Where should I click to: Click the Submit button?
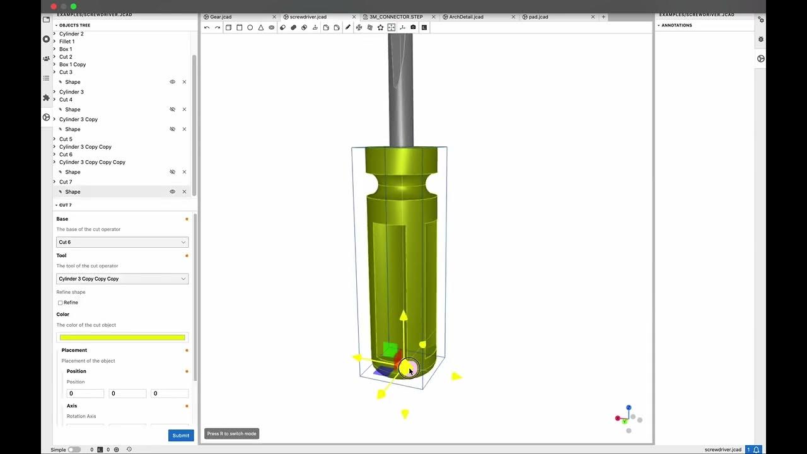(x=181, y=435)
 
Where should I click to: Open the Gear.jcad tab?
(x=221, y=17)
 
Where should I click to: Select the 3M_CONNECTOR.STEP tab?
(x=396, y=17)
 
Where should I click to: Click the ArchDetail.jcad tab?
(x=466, y=17)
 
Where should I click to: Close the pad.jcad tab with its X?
(x=593, y=17)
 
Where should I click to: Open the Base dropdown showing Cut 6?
(x=122, y=242)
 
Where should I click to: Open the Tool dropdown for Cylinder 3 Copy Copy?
(x=122, y=279)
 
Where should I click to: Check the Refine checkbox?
(x=61, y=303)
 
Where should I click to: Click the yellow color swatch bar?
(x=122, y=338)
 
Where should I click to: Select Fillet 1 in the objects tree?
(x=67, y=42)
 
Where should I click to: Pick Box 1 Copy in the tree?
(x=73, y=64)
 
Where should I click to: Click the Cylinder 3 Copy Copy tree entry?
(x=85, y=147)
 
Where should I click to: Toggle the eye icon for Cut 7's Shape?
(x=172, y=192)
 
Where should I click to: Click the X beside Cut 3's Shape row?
(x=184, y=82)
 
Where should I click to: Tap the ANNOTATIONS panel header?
(x=676, y=25)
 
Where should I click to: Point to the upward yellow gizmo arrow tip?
(x=403, y=315)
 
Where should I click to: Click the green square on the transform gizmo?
(x=390, y=349)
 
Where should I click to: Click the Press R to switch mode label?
(x=231, y=434)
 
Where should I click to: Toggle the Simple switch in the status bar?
(x=74, y=450)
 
